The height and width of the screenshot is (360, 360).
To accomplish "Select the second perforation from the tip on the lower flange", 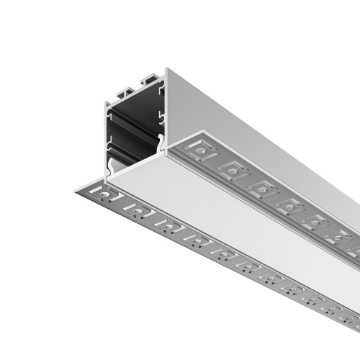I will coord(132,209).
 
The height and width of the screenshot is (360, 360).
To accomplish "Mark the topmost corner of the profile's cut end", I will coord(168,69).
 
